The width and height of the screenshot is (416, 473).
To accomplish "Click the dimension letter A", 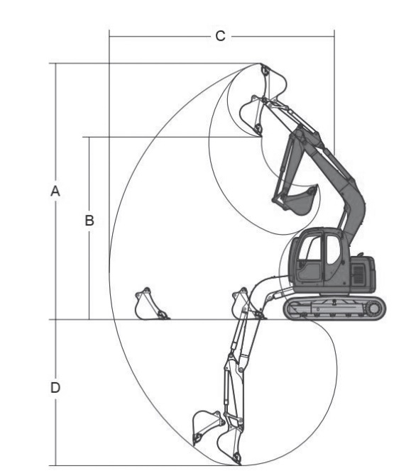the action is pos(55,191).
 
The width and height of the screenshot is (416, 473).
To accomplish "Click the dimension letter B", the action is pos(89,221).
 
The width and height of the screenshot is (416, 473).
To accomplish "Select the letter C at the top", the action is pos(220,36).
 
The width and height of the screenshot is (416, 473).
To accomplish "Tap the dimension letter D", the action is pos(55,387).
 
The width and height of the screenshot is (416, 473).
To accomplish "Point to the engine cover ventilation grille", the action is pos(358,274).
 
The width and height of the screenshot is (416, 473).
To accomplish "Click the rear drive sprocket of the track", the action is pos(374,308).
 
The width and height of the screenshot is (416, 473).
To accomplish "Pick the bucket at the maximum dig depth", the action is pos(229,446).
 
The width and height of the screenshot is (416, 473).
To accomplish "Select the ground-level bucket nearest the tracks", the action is pos(247,304).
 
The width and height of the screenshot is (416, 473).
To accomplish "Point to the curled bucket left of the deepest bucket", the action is pos(207,427).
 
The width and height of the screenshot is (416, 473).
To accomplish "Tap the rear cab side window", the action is pos(333,250).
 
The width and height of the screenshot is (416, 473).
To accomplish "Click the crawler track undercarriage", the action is pos(334,308).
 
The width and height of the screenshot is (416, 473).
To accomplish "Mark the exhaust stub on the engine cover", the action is pos(359,254).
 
